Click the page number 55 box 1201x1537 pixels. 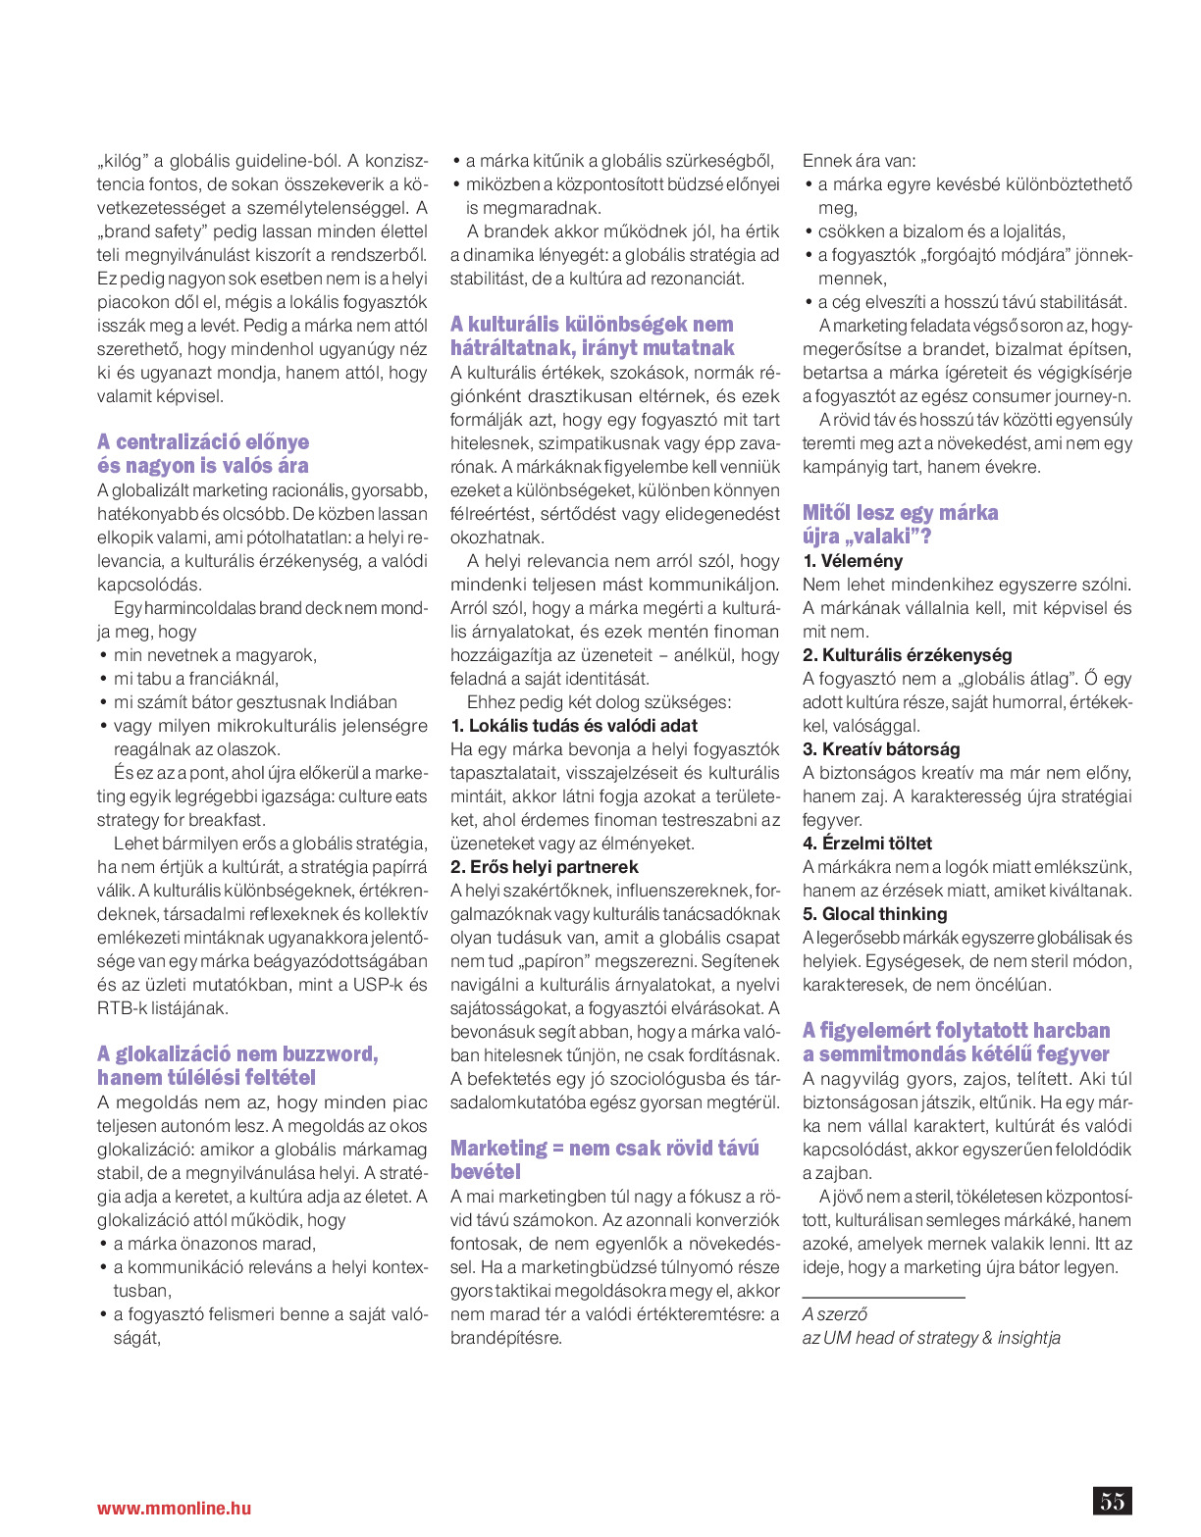(x=1112, y=1501)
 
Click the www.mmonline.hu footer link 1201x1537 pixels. (x=174, y=1509)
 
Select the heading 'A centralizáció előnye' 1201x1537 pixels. (x=203, y=442)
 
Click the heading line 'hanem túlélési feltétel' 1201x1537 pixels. (x=206, y=1078)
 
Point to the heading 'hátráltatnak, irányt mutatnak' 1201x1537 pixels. (x=592, y=348)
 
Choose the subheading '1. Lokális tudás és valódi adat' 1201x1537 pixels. (x=574, y=726)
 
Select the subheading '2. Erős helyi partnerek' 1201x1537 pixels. (x=545, y=867)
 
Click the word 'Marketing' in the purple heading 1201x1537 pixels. (x=498, y=1149)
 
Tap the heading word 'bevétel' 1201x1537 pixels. (x=486, y=1172)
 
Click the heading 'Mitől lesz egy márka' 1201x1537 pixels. (x=900, y=513)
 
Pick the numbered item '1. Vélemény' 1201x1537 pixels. (x=853, y=561)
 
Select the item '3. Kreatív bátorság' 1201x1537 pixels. (x=881, y=749)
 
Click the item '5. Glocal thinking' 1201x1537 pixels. (x=875, y=914)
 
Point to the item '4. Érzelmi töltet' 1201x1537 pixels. (x=867, y=844)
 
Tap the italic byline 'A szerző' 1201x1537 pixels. (x=835, y=1314)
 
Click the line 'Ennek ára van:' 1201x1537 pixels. (x=860, y=161)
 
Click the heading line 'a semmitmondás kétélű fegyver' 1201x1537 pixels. (x=956, y=1054)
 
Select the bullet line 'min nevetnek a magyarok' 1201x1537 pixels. (x=215, y=655)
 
